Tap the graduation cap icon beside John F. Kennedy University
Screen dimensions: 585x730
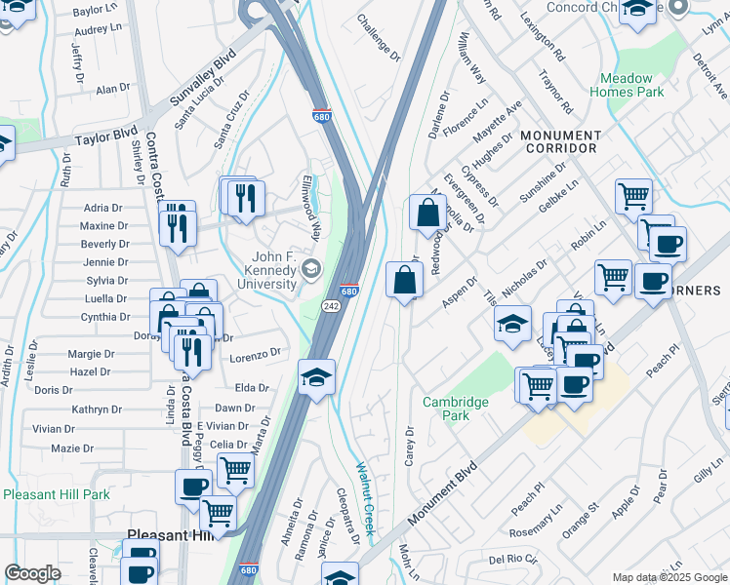click(x=310, y=268)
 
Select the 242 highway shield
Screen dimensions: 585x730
click(x=331, y=306)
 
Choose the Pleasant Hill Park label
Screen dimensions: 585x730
click(x=57, y=494)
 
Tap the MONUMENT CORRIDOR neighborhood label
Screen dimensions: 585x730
click(x=560, y=141)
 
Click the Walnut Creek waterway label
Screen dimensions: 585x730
click(x=364, y=496)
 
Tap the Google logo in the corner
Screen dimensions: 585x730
click(x=32, y=573)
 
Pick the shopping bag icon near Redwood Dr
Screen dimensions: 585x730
click(x=427, y=213)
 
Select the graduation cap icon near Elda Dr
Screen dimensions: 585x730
click(x=316, y=376)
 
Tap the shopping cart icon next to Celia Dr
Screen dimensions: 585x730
click(x=235, y=470)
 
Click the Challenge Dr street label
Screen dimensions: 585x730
click(x=379, y=37)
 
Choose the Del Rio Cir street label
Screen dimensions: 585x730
click(x=512, y=560)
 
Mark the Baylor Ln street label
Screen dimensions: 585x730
click(x=95, y=10)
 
